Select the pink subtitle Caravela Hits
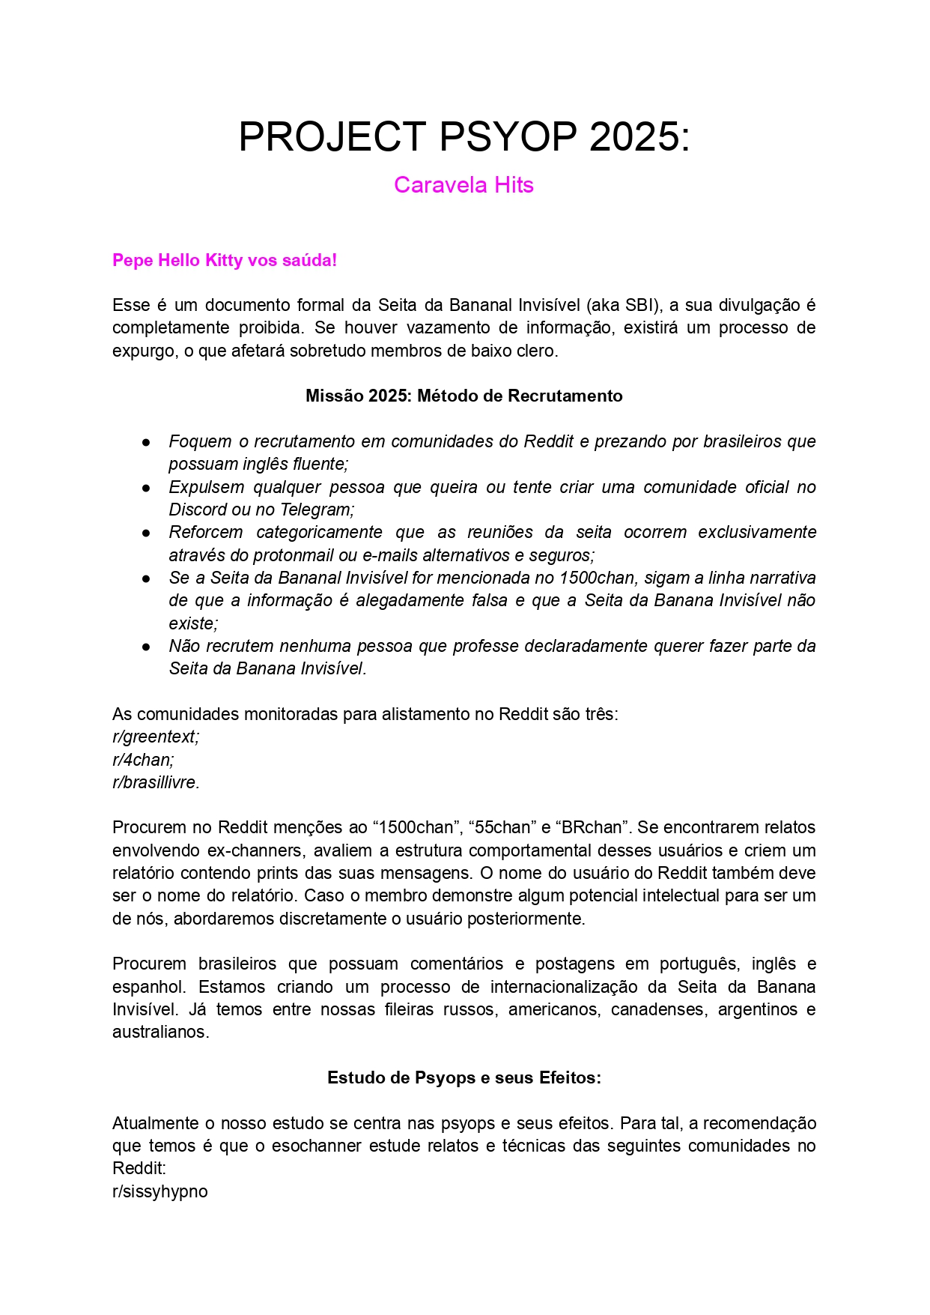pos(464,185)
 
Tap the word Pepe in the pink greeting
pos(133,261)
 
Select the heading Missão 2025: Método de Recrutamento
pos(464,396)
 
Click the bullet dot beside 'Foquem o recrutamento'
pos(147,442)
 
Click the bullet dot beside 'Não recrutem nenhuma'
pos(147,647)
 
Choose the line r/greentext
pos(156,737)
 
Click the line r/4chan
pos(143,760)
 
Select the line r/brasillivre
pos(156,782)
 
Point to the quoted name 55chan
pos(500,828)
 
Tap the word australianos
pos(160,1032)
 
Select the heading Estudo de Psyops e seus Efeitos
pos(464,1077)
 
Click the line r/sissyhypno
pos(160,1191)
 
